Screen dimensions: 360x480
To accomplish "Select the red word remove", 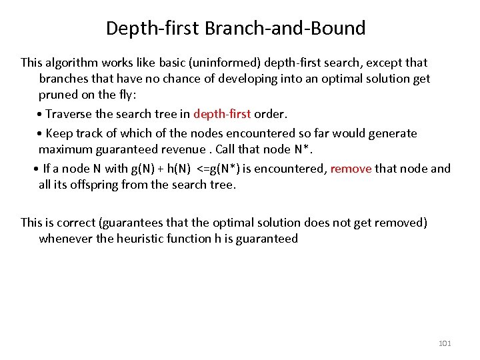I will click(351, 169).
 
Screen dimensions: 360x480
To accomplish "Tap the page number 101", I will click(445, 343).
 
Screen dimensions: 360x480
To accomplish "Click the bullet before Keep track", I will click(41, 133).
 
